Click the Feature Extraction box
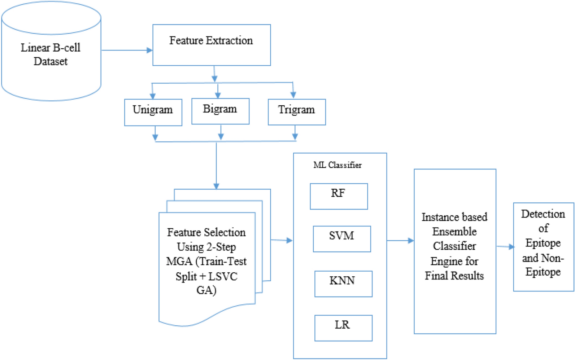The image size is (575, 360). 212,45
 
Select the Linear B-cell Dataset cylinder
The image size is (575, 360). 51,54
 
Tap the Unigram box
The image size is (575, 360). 153,112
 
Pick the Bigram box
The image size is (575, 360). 220,111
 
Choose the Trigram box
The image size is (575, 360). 297,112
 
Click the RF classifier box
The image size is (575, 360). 339,196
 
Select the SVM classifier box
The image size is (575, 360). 342,238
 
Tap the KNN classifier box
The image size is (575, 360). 343,284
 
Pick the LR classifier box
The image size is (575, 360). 343,328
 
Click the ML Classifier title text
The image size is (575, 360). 337,165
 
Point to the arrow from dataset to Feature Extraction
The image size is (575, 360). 126,50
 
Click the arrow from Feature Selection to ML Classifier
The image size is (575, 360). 282,240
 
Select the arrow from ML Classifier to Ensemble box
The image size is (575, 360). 400,240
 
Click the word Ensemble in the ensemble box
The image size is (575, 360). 454,232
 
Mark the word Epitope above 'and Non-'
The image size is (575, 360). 543,243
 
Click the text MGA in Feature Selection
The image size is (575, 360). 179,261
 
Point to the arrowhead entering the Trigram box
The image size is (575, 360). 293,95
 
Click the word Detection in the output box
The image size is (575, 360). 543,214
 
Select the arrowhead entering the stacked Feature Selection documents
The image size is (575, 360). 216,186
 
